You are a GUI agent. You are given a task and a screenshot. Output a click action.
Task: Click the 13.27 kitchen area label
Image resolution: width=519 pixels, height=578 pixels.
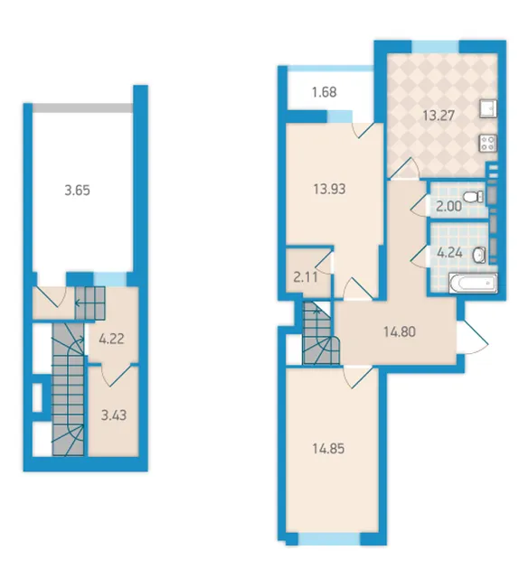point(439,116)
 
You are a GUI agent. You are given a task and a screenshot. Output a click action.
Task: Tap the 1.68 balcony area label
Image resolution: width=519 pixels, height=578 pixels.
point(324,92)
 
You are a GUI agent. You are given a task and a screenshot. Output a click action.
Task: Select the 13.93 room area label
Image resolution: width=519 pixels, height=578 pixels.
point(329,189)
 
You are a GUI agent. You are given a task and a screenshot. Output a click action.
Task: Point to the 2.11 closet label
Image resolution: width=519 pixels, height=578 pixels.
point(306,277)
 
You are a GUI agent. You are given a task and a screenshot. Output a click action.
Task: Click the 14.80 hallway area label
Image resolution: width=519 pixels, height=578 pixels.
point(400,331)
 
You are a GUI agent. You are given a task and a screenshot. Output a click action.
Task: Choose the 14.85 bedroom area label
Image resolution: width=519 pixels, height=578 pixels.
point(328,449)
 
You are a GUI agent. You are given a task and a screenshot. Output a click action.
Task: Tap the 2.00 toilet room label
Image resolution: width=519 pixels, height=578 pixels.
point(448,207)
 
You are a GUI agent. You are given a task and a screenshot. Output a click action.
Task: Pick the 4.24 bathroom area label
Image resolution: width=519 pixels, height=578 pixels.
point(449,253)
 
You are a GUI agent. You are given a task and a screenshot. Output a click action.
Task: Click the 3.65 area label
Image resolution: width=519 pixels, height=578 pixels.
point(77,191)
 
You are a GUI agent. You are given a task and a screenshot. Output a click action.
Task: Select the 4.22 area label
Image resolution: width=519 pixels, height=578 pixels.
point(111,339)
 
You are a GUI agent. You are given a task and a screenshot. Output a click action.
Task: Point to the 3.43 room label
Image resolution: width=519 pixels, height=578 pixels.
point(114,415)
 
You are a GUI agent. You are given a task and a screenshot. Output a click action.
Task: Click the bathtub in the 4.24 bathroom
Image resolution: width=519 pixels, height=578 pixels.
point(473,284)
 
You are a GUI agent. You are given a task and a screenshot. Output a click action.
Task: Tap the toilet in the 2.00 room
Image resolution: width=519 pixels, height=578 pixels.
point(473,197)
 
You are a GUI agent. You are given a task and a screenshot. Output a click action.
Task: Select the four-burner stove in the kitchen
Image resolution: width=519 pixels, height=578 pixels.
point(488,143)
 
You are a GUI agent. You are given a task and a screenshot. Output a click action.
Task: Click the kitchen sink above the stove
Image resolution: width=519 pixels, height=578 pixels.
point(488,108)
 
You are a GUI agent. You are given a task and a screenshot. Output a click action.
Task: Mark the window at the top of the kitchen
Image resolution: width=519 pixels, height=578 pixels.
point(435,47)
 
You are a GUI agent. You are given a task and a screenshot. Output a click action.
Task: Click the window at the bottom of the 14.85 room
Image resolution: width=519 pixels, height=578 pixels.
point(329,538)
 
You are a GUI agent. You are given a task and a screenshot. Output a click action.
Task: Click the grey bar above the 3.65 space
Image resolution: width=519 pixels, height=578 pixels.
point(82,107)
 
